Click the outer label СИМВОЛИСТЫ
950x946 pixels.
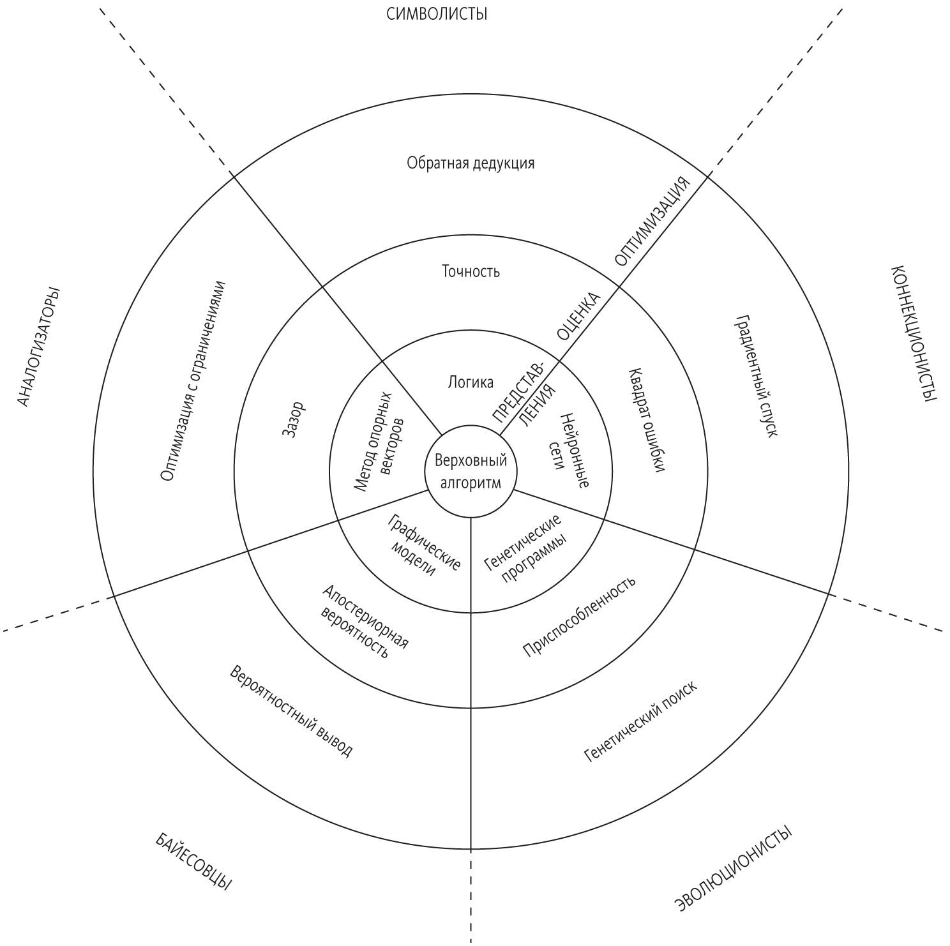coord(437,13)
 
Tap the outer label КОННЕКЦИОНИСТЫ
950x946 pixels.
coord(913,333)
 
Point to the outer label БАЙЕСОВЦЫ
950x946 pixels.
coord(193,861)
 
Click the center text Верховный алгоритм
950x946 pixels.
coord(471,471)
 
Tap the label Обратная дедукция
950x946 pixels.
coord(471,163)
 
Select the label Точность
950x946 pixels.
coord(471,272)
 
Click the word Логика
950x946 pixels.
coord(471,382)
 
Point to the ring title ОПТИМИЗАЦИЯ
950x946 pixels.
coord(652,220)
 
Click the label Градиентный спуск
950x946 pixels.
coord(757,375)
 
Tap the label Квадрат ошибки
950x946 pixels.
coord(647,420)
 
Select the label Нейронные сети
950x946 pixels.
coord(567,451)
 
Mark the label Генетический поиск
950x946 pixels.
coord(640,721)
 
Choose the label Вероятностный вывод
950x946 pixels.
coord(290,711)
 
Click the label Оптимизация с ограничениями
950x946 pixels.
coord(193,380)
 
